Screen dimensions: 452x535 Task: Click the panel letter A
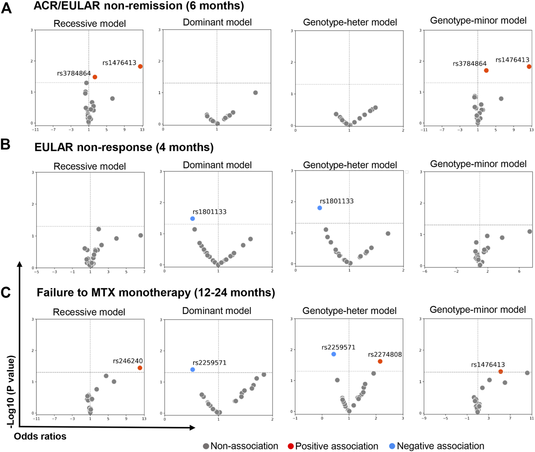7,8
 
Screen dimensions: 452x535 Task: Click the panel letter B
6,145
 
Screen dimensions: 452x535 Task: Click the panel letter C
6,293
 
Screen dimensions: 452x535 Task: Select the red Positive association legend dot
291,446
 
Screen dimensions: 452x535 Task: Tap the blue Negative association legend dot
392,446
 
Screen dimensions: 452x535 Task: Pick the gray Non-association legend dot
206,446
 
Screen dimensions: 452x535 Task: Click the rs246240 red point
140,368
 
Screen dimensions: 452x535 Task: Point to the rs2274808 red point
380,361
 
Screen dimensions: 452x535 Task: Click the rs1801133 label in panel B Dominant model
209,212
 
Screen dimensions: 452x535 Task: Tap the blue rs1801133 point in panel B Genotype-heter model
320,208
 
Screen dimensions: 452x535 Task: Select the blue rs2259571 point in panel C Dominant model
193,370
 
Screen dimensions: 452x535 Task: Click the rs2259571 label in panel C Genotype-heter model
338,347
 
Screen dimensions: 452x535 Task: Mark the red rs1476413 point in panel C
501,372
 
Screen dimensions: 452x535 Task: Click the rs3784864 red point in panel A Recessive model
95,77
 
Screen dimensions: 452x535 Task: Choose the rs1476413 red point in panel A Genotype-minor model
529,67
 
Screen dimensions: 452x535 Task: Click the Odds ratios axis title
40,436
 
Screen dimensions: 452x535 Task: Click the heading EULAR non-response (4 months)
124,147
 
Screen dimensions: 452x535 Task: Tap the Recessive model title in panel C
89,312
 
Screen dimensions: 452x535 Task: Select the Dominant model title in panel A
217,22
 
